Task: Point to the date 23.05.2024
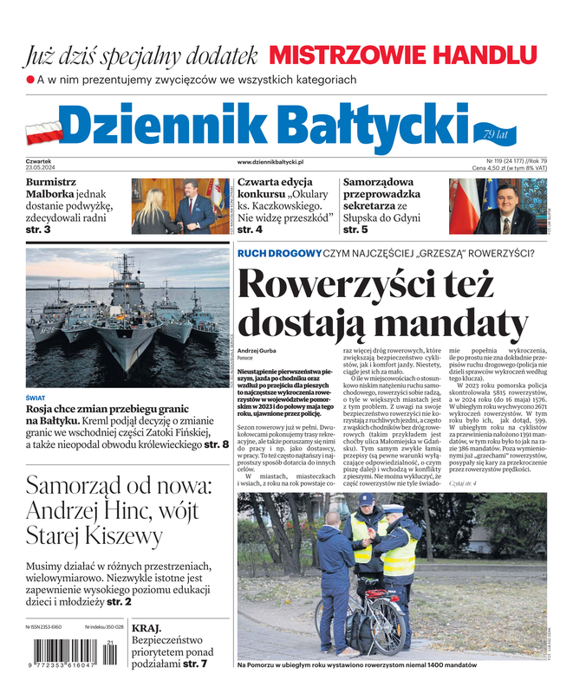click(42, 168)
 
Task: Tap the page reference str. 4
click(250, 230)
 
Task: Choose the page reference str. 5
click(355, 230)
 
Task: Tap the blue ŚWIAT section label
click(36, 398)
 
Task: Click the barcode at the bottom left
click(75, 653)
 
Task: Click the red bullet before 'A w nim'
click(30, 80)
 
